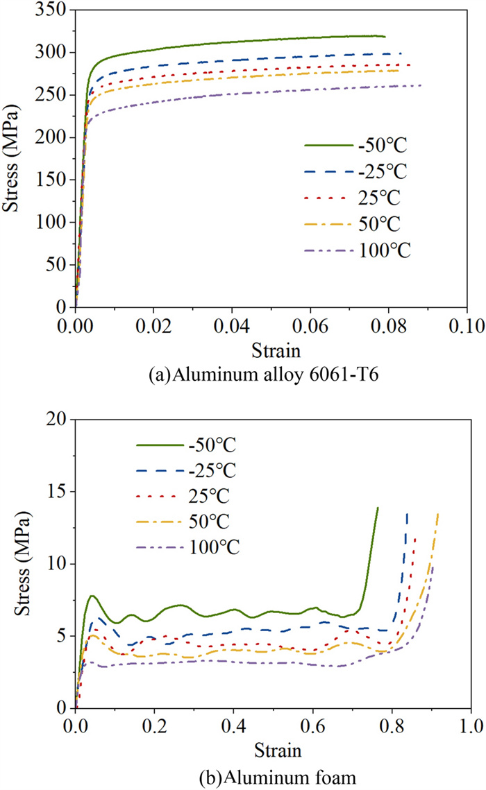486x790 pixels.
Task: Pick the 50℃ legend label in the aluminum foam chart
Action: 208,521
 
